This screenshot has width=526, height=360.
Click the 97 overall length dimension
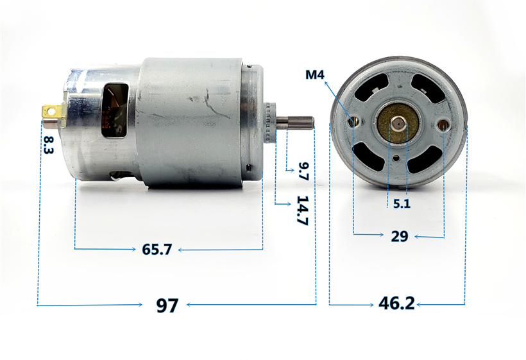(x=167, y=305)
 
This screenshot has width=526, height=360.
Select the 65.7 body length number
(x=157, y=249)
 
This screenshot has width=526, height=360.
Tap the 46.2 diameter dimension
(x=396, y=303)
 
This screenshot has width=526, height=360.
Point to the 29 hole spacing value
(x=400, y=236)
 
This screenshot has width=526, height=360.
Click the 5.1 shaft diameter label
(x=402, y=203)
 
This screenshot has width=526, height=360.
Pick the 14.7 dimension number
(x=303, y=210)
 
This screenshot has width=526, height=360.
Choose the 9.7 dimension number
(x=303, y=171)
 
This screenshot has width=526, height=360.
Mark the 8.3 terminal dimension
(x=49, y=145)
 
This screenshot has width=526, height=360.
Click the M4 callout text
(x=315, y=74)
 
